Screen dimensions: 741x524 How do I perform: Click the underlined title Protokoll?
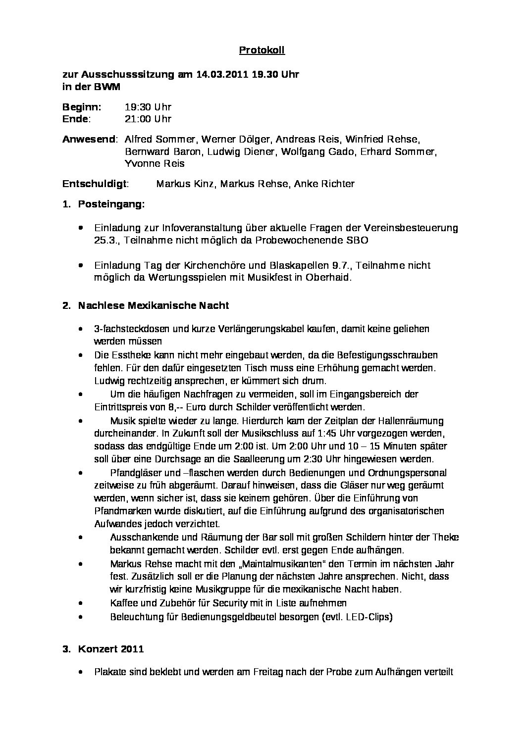(x=262, y=50)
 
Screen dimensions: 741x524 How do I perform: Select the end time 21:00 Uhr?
(x=148, y=119)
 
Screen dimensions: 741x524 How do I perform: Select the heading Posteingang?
(x=111, y=204)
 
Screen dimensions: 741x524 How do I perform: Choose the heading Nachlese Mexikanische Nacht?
(x=153, y=305)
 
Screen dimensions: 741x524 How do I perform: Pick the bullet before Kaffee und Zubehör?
(x=81, y=603)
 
